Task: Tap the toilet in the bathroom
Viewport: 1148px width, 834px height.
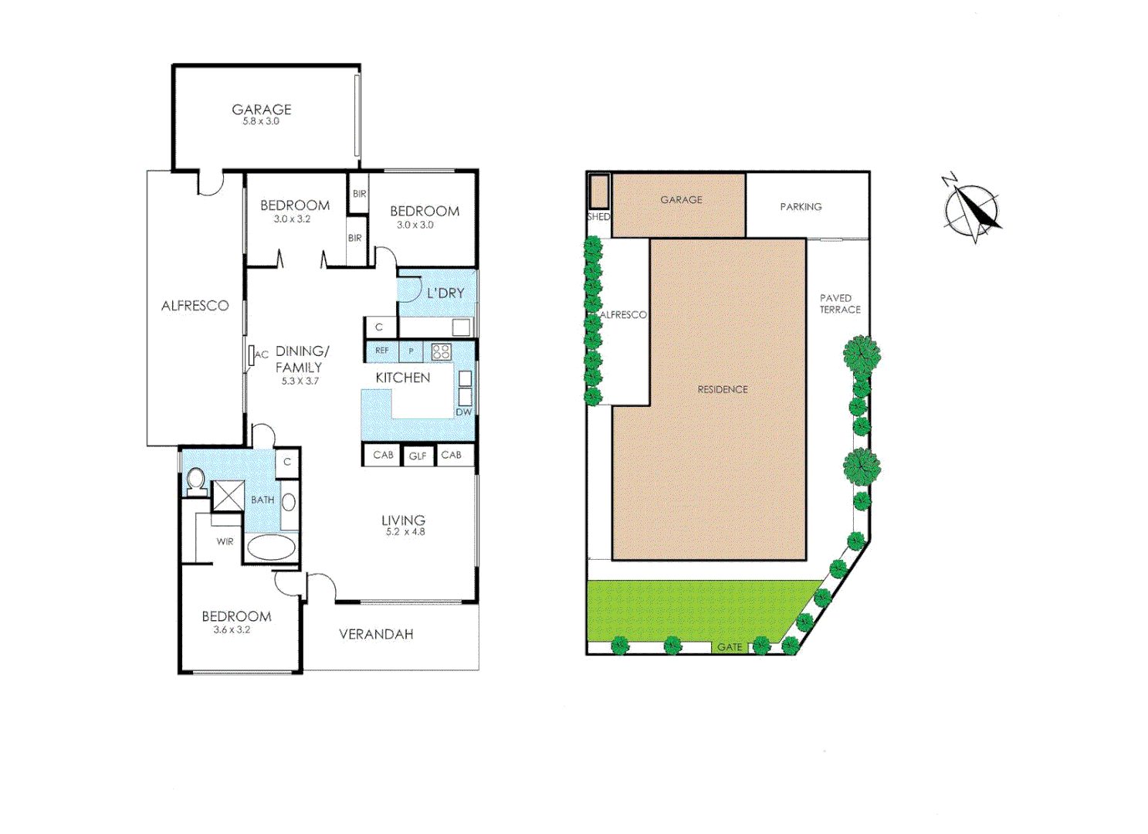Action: (x=196, y=480)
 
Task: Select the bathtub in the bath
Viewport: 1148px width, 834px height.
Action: (x=271, y=548)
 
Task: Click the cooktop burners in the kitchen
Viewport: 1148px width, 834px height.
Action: (x=441, y=352)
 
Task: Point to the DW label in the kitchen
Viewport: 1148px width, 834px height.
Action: (x=463, y=412)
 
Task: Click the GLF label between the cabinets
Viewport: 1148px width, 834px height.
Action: (x=418, y=456)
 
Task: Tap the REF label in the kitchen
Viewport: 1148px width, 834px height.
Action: (x=382, y=351)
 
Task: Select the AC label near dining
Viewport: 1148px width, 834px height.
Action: (x=262, y=355)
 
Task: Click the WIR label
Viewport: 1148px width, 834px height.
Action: (x=225, y=542)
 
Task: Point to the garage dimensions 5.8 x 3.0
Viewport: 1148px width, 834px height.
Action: (x=261, y=121)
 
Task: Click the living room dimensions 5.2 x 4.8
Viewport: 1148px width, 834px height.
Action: (x=405, y=532)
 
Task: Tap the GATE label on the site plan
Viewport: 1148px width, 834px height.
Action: (x=730, y=647)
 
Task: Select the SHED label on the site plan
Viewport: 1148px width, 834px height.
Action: (x=598, y=217)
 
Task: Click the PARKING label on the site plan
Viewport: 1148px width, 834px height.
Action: (x=801, y=207)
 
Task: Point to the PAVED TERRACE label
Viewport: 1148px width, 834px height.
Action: (x=840, y=303)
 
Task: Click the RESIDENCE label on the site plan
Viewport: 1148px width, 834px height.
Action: (x=723, y=390)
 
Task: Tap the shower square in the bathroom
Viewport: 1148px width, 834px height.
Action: (x=228, y=496)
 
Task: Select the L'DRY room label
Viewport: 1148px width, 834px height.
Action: (x=445, y=293)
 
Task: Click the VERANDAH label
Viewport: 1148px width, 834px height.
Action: (x=376, y=635)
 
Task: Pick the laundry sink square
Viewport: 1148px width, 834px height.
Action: (x=461, y=327)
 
